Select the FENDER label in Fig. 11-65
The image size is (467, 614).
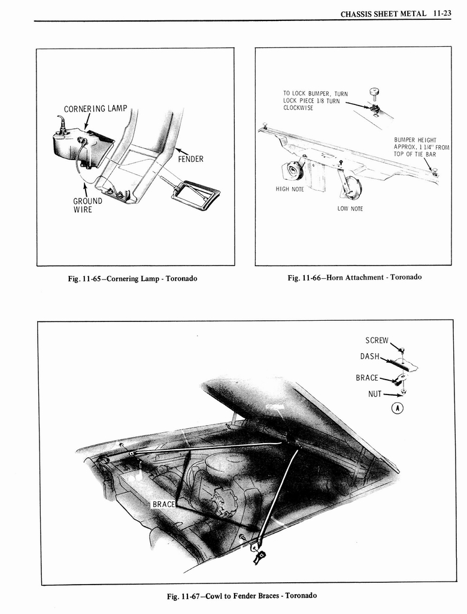coord(190,159)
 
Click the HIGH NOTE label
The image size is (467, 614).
coord(290,189)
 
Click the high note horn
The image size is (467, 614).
coord(293,171)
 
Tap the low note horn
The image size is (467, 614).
coord(350,186)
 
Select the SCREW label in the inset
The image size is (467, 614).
coord(377,341)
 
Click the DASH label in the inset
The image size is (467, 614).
coord(369,356)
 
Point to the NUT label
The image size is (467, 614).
coord(375,394)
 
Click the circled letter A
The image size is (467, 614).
coord(397,408)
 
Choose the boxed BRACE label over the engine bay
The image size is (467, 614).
coord(163,504)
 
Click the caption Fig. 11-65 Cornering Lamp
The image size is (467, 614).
coord(134,279)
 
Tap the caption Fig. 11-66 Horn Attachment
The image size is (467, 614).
coord(354,277)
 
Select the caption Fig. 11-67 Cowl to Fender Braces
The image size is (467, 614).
coord(241,595)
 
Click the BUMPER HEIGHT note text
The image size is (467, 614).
coord(421,147)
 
